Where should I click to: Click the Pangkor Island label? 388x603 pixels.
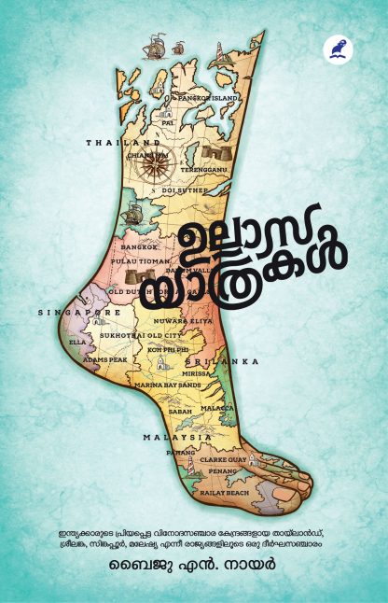click(x=209, y=97)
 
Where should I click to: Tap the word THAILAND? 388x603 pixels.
click(x=113, y=143)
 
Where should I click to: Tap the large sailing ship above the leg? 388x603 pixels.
click(x=174, y=46)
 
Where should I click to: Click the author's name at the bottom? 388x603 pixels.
click(x=193, y=568)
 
